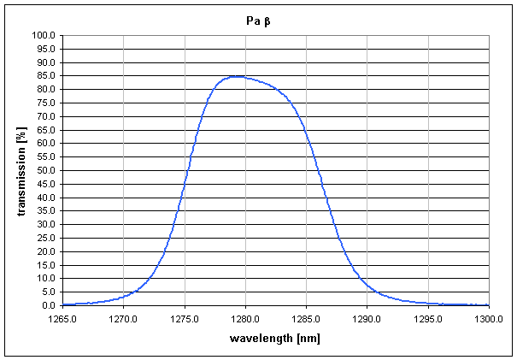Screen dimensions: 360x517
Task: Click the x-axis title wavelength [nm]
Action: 274,338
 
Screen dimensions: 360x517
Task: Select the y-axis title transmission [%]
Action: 21,170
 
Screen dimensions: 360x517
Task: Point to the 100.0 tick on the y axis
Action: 43,35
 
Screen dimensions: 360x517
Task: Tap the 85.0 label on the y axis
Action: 44,76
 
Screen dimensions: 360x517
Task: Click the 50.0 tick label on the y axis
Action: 44,170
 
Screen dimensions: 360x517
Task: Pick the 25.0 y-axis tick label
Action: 44,238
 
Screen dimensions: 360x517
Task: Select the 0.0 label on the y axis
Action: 47,305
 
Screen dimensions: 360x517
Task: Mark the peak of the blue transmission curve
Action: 236,76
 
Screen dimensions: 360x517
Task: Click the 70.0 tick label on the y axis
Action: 44,116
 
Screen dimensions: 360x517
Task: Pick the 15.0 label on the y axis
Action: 44,265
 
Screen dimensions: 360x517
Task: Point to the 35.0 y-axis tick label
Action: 44,211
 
